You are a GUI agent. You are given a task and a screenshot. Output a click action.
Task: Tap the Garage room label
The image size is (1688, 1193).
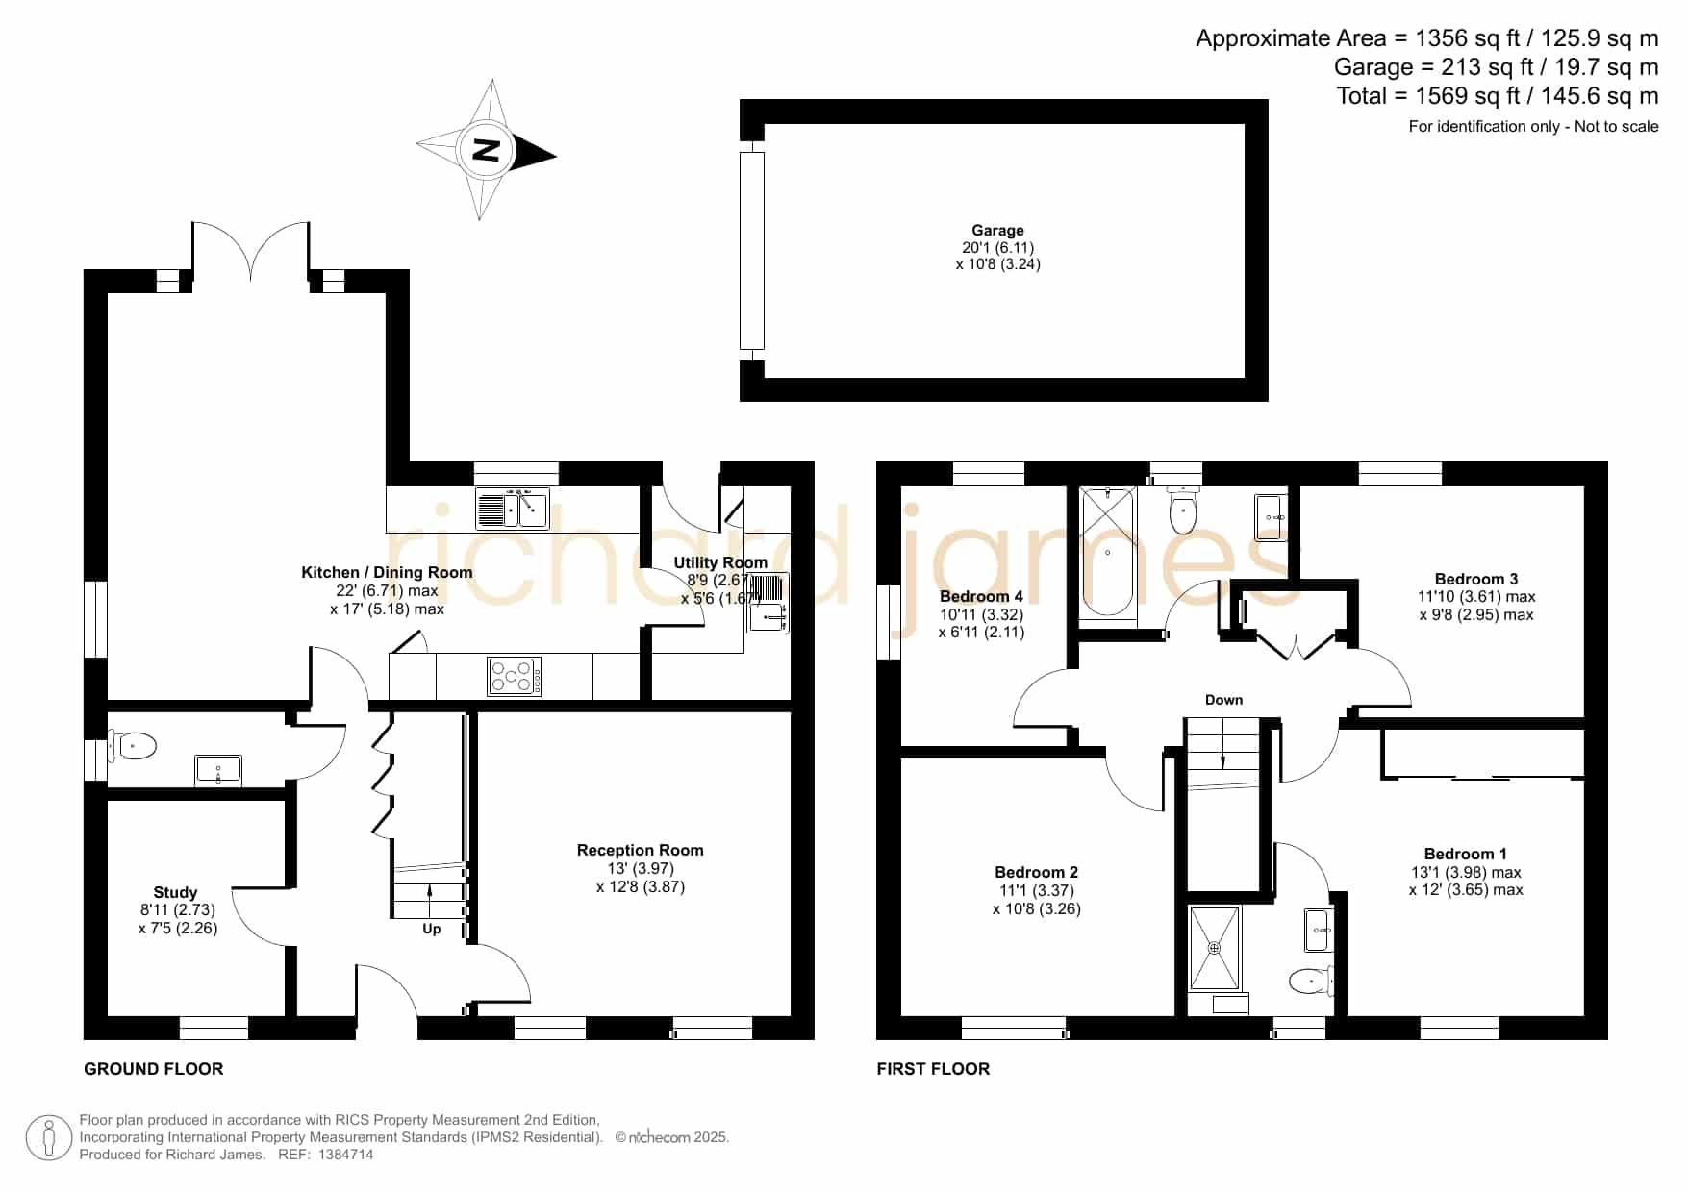click(x=997, y=231)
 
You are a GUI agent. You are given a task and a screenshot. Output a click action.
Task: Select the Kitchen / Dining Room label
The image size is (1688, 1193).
click(x=387, y=573)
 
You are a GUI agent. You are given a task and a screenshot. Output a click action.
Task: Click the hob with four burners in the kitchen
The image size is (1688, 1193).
click(x=515, y=676)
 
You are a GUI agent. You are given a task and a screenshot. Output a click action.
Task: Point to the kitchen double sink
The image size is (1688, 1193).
click(x=512, y=509)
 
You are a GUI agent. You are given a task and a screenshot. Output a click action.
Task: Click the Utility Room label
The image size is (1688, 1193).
click(x=720, y=563)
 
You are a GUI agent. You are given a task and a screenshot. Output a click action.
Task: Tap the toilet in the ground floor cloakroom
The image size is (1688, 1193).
click(x=133, y=745)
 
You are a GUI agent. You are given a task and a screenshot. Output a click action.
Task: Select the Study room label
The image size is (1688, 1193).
click(x=175, y=893)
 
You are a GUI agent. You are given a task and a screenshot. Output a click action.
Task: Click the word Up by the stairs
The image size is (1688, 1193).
click(x=432, y=929)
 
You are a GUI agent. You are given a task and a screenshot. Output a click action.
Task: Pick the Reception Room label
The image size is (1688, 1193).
click(x=641, y=851)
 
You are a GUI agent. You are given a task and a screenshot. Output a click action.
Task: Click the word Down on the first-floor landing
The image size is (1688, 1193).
click(x=1223, y=700)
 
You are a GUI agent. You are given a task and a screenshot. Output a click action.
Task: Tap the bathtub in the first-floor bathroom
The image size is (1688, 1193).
click(x=1107, y=552)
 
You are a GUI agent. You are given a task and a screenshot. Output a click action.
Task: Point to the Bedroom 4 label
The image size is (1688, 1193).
click(x=981, y=597)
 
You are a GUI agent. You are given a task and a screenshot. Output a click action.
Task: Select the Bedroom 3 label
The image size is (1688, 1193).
click(x=1476, y=580)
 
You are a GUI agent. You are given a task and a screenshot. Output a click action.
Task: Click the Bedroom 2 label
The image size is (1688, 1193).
click(x=1037, y=873)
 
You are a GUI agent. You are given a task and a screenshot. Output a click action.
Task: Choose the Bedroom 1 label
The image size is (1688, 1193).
click(x=1466, y=855)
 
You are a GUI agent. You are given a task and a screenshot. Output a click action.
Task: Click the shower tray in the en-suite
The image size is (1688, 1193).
click(x=1215, y=948)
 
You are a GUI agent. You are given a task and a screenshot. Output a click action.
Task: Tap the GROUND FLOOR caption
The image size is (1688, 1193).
click(x=154, y=1069)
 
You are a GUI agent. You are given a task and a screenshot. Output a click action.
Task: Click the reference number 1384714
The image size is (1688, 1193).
click(x=345, y=1155)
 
